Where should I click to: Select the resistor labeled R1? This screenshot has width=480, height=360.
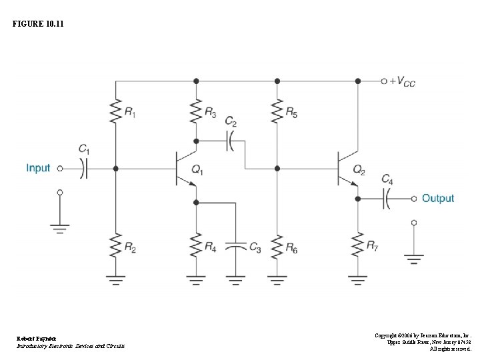point(116,111)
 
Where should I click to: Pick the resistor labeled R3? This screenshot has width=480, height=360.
point(196,111)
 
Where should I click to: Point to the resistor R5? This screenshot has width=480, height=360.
point(277,111)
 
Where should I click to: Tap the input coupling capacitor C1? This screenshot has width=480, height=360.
point(83,169)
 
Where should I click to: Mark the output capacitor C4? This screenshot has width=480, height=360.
point(387,198)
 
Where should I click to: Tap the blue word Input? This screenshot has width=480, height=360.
point(38,168)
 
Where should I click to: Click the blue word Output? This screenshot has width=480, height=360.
point(437,198)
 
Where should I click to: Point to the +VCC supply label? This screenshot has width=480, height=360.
point(403,81)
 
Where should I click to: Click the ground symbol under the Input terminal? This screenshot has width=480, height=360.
point(60,228)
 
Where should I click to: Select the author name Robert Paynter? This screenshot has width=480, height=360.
point(37,338)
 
